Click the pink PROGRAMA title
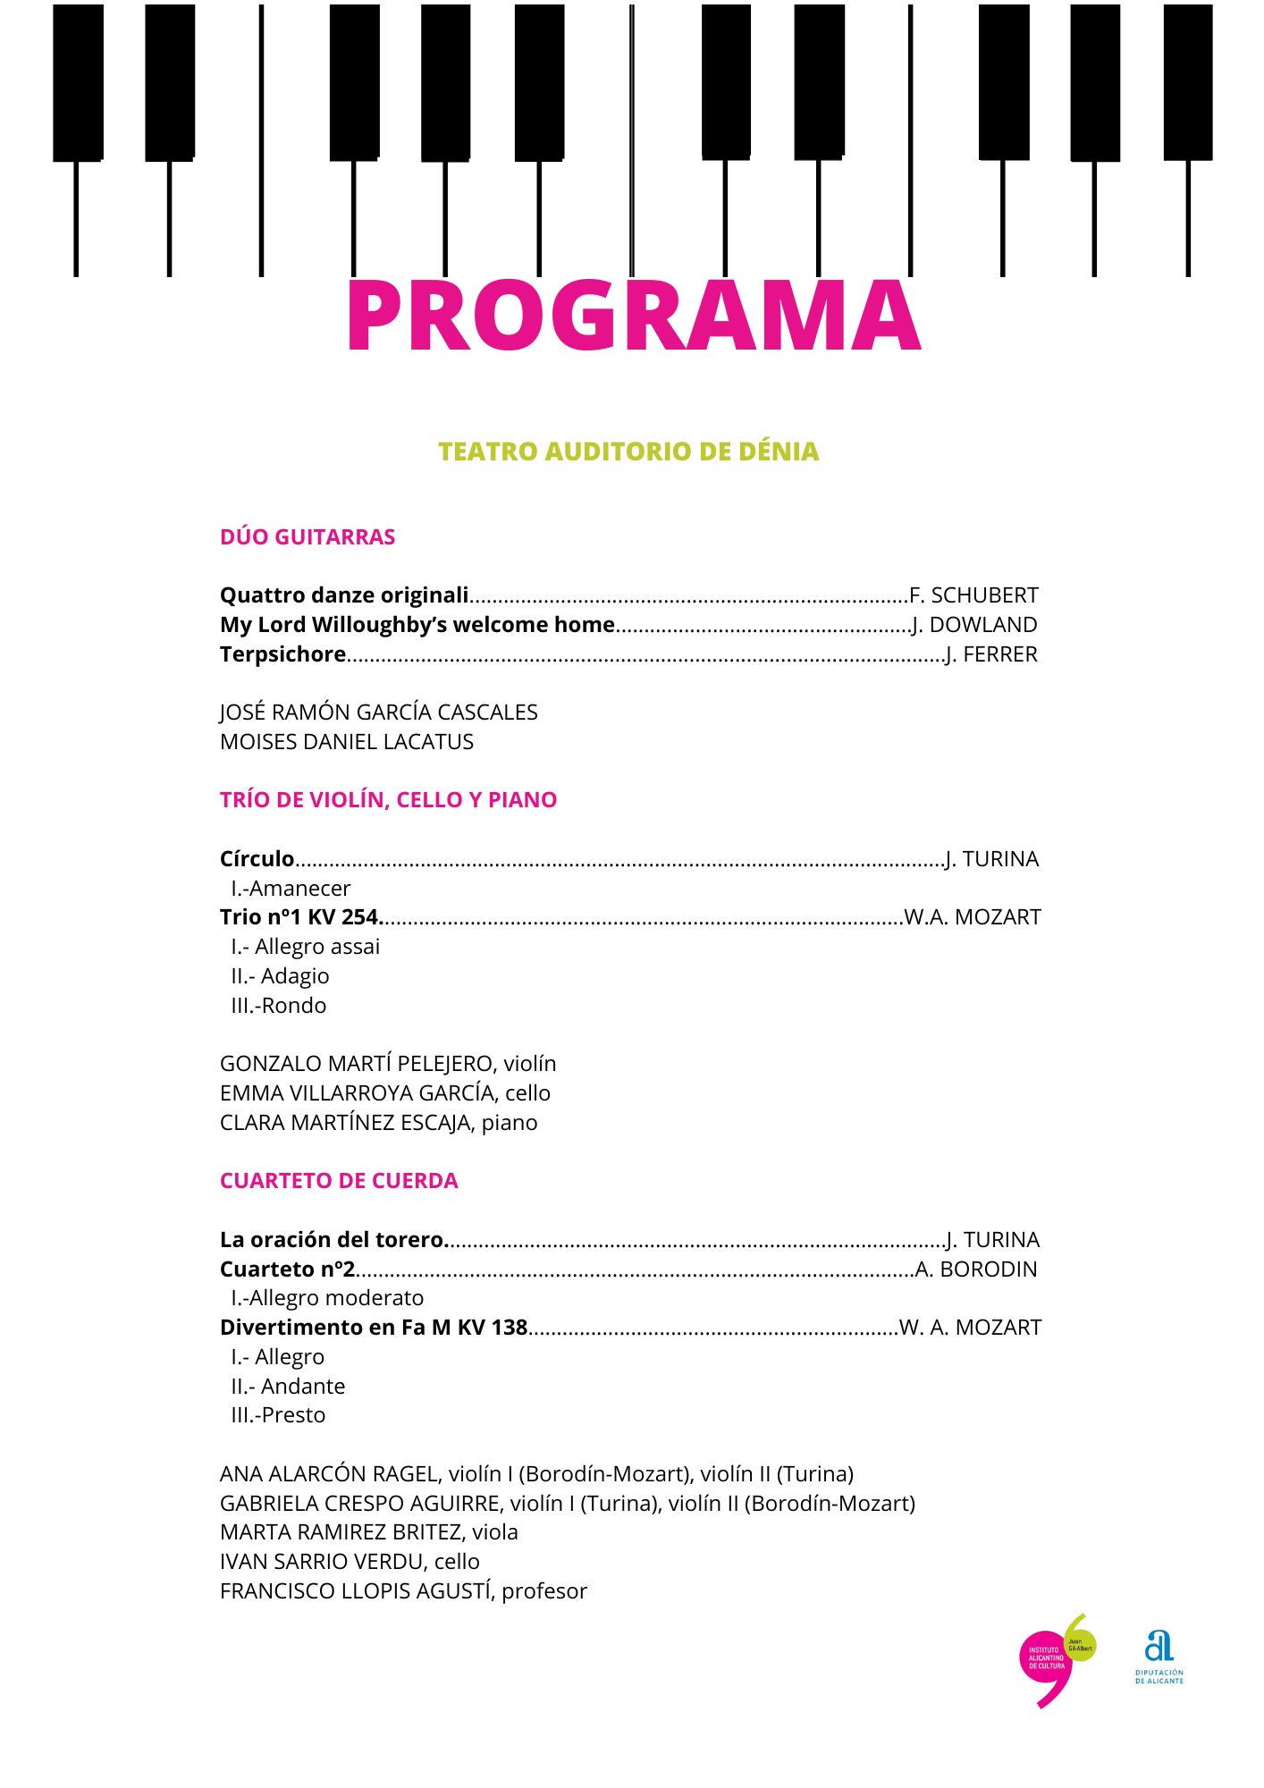tap(632, 316)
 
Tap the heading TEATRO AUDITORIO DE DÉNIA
tap(628, 451)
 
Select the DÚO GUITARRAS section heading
tap(308, 537)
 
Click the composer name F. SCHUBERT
tap(973, 595)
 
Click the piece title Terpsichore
tap(282, 654)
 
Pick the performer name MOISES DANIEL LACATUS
tap(347, 742)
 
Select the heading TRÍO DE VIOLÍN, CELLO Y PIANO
tap(388, 800)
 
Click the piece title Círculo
tap(257, 859)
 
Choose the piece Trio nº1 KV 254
tap(300, 917)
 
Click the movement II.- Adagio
tap(280, 976)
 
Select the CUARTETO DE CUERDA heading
tap(339, 1181)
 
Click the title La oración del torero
tap(333, 1240)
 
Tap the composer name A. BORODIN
tap(976, 1269)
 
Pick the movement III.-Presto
tap(278, 1415)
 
